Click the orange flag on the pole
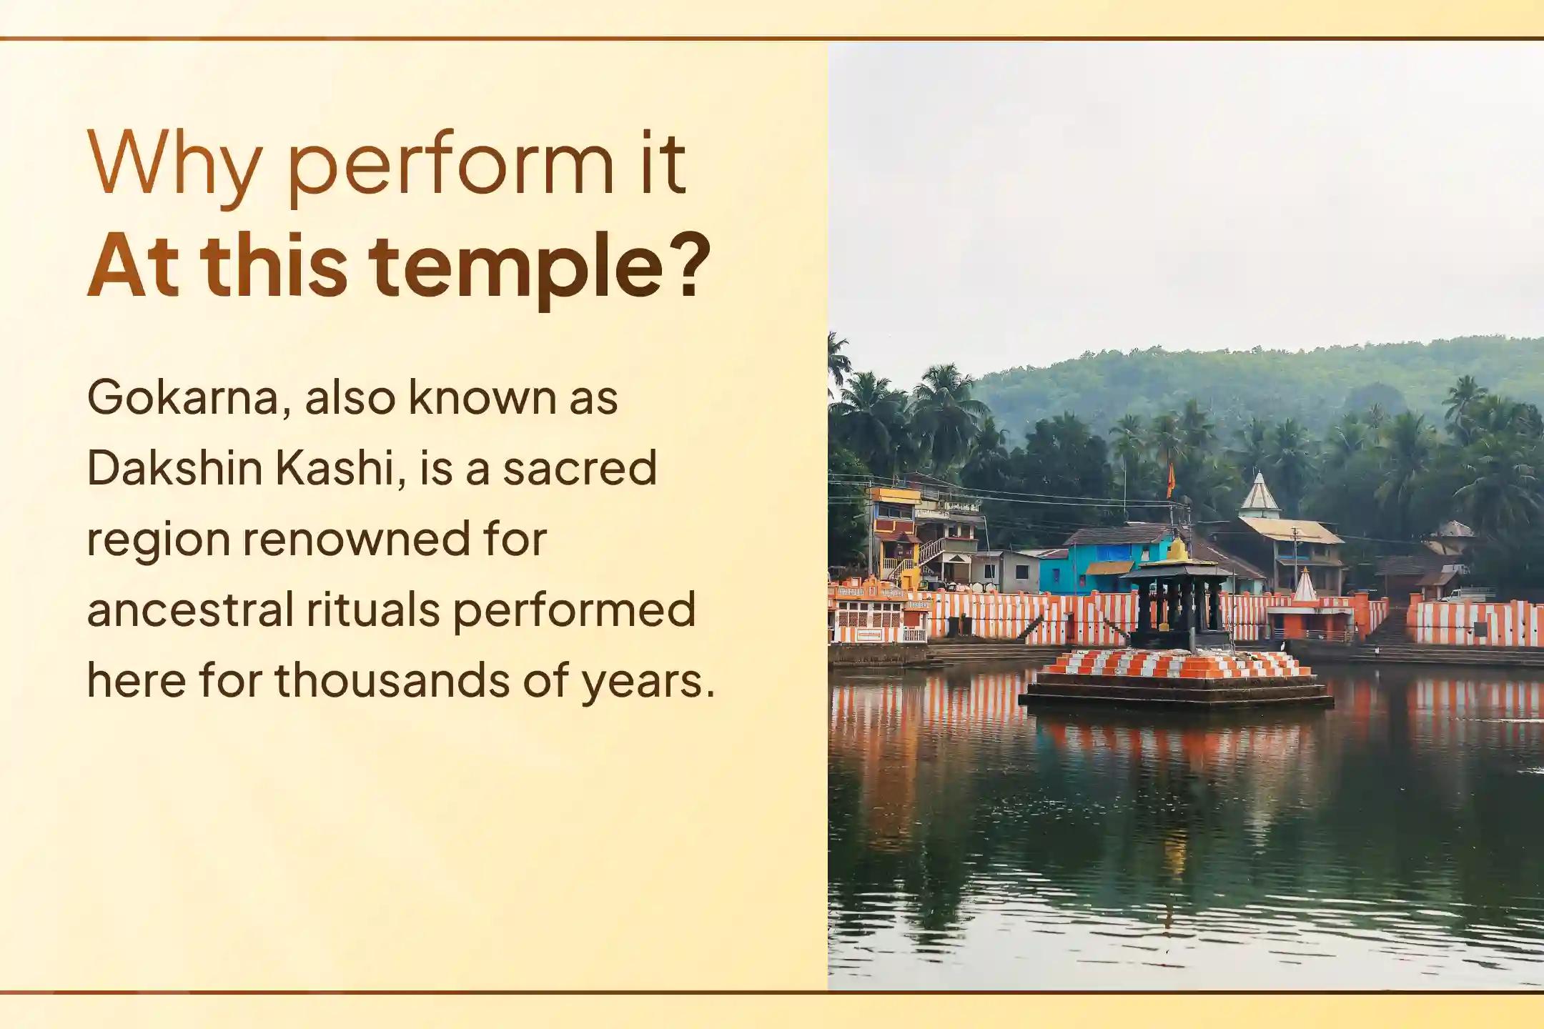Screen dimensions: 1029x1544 point(1170,479)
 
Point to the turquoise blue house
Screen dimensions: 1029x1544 point(1094,565)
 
